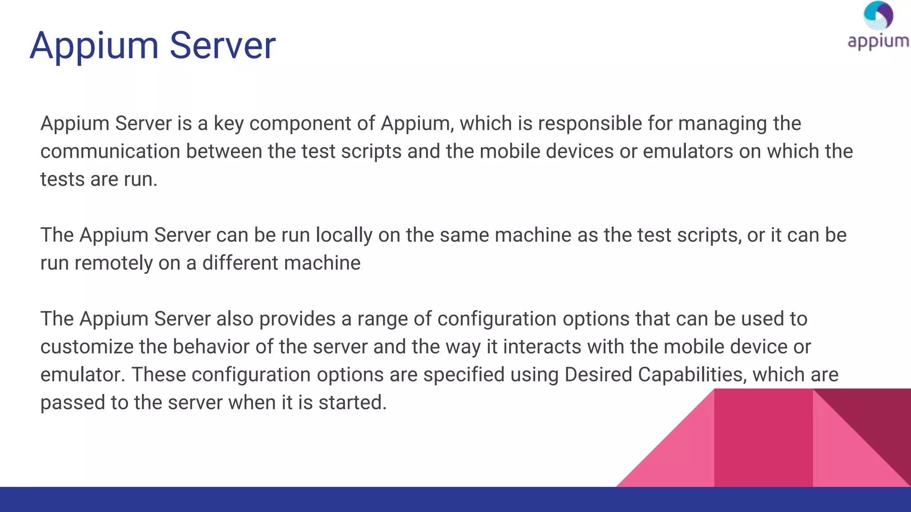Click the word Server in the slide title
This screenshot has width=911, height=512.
click(222, 46)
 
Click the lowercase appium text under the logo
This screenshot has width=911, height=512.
click(878, 42)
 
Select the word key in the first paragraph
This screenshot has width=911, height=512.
click(228, 124)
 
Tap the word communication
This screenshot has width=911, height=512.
click(110, 152)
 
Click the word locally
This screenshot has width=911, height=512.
click(344, 236)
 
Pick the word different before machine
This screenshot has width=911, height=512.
click(240, 263)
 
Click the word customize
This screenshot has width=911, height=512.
click(87, 347)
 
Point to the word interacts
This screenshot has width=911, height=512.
click(542, 347)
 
